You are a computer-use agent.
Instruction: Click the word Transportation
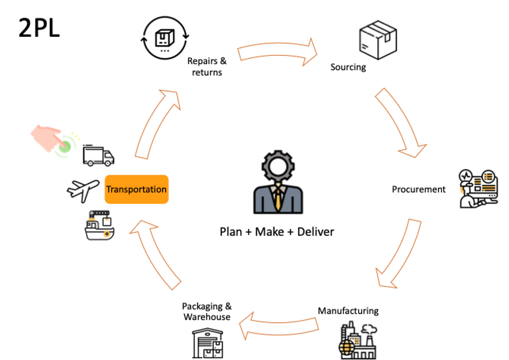coord(136,189)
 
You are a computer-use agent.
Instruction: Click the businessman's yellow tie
coord(278,199)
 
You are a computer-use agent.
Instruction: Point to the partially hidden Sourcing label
coord(347,66)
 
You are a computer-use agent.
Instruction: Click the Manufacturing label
coord(348,311)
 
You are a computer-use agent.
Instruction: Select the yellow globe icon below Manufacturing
coord(349,345)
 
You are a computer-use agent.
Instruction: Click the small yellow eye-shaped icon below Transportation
coord(108,234)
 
